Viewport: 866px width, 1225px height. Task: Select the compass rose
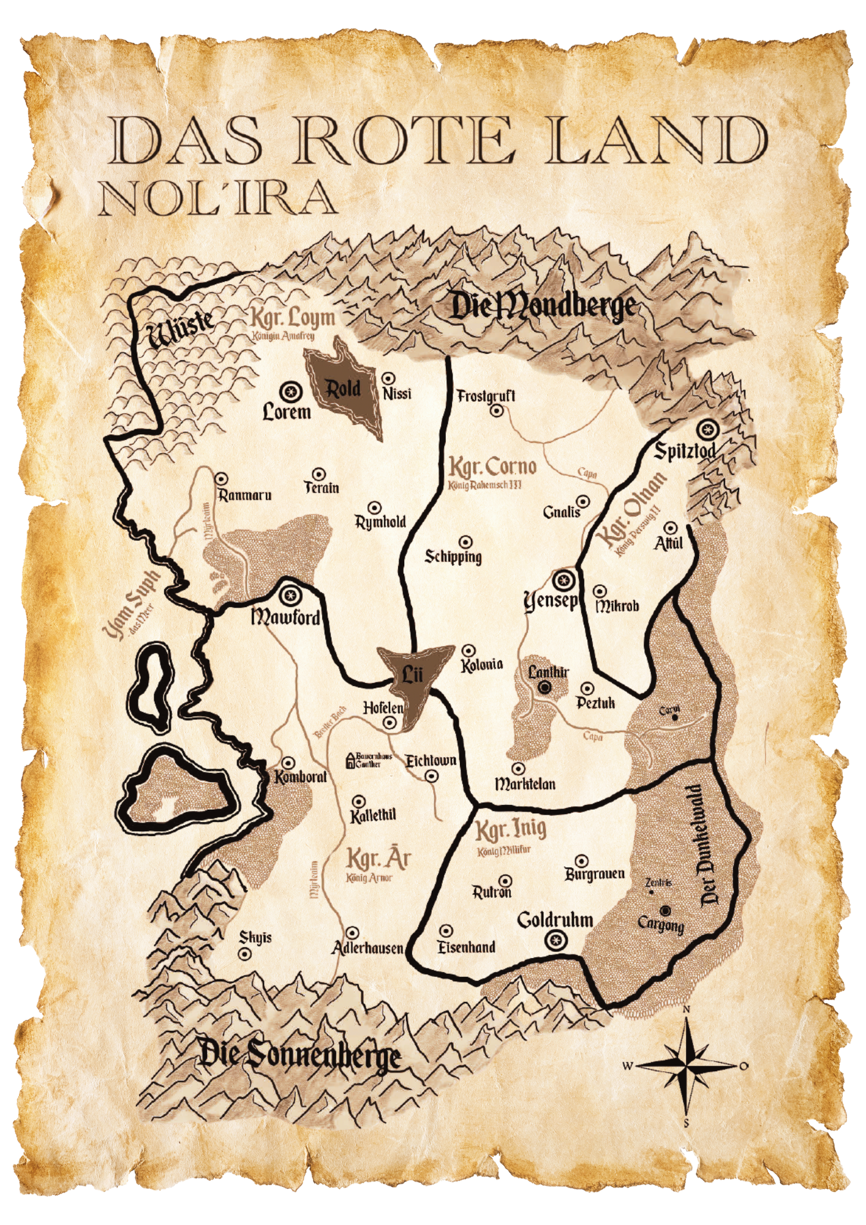(x=686, y=1066)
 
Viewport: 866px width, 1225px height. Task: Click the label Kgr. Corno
(x=492, y=467)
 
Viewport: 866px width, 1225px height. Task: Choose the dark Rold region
(x=344, y=388)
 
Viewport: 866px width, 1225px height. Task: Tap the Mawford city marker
(x=290, y=594)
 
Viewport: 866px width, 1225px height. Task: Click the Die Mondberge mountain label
(x=543, y=306)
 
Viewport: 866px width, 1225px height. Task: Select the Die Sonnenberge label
(x=300, y=1055)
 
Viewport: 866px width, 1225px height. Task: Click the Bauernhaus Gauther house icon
(x=350, y=761)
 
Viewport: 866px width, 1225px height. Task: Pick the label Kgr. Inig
(x=511, y=830)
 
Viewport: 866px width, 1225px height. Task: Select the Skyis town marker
(x=245, y=954)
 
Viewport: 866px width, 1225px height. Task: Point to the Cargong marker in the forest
(x=665, y=910)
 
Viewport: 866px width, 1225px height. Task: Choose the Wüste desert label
(x=181, y=329)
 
